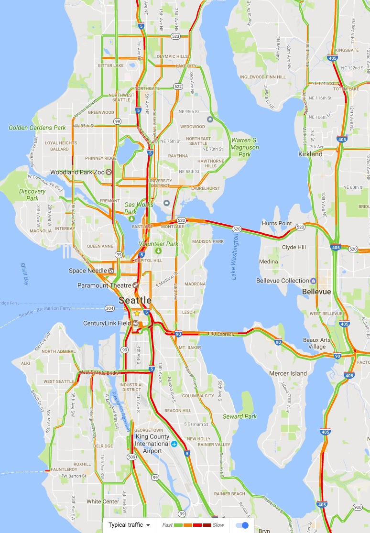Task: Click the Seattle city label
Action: (135, 301)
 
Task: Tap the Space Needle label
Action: (87, 271)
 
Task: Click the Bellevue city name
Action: (316, 292)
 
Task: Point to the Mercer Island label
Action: (288, 373)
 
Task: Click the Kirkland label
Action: (310, 154)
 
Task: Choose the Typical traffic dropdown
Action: (129, 525)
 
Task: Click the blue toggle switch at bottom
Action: (243, 525)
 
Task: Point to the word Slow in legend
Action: (218, 525)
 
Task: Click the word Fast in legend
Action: (167, 525)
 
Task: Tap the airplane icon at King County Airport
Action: (174, 444)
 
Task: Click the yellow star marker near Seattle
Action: (137, 313)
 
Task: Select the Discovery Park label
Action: (33, 195)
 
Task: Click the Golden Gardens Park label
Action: (37, 128)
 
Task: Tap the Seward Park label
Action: (239, 416)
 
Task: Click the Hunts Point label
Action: (277, 223)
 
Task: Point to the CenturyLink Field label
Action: (107, 323)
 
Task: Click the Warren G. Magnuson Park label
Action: (245, 147)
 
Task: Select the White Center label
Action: (103, 501)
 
